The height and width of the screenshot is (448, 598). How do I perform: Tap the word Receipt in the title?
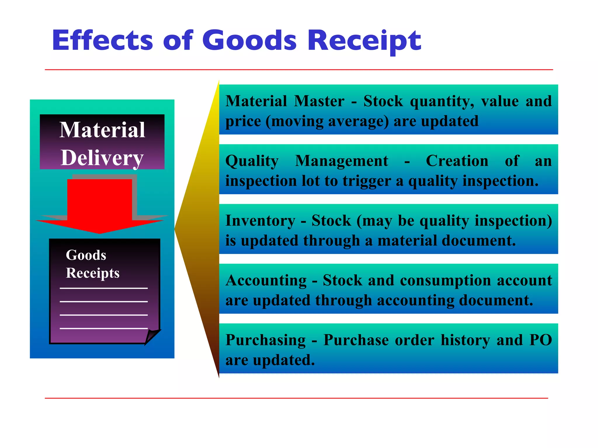pos(364,41)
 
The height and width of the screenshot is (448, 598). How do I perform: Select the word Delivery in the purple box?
pos(102,158)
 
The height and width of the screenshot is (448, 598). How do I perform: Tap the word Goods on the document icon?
pos(86,255)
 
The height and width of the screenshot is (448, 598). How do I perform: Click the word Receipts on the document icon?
pos(93,273)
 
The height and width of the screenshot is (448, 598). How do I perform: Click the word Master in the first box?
pos(319,101)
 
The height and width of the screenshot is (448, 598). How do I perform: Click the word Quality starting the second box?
pos(252,161)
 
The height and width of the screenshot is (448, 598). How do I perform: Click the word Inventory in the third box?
pos(260,221)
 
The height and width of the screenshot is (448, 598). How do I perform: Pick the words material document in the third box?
pos(446,241)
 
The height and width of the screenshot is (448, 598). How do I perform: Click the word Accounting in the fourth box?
pos(266,281)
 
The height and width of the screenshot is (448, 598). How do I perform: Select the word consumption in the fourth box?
pos(446,281)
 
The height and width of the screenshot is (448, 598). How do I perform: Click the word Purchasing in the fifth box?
pos(265,340)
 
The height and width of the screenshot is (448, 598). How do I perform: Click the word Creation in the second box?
pos(457,161)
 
